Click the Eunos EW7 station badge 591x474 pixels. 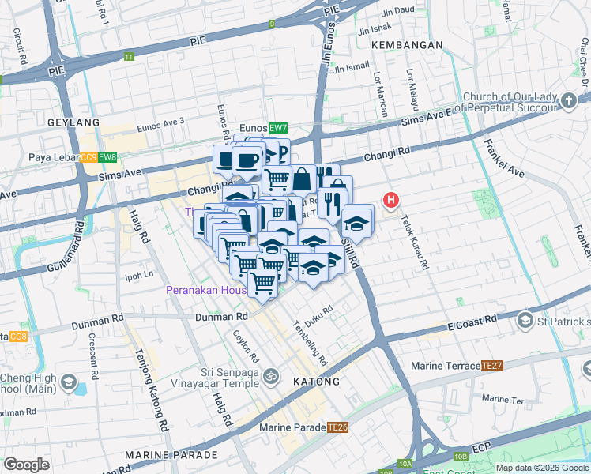coord(277,128)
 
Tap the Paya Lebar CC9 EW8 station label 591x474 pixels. coord(73,157)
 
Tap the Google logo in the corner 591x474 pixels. coord(27,465)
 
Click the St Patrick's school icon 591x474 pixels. coord(525,321)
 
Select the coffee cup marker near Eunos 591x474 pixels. coord(247,160)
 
